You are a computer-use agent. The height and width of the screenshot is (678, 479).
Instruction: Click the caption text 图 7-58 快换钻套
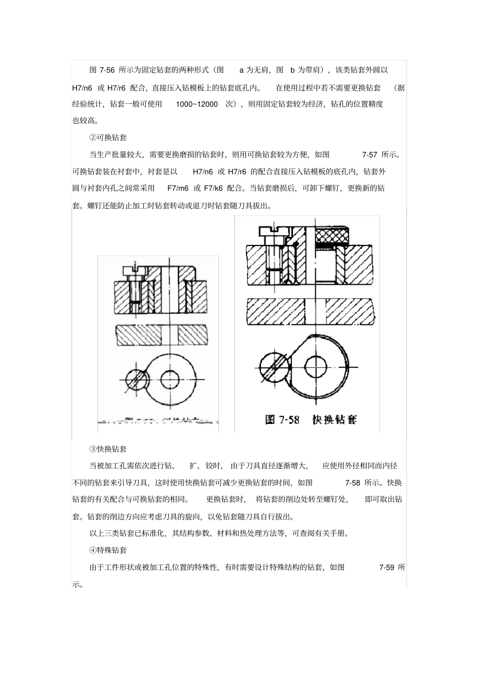(311, 419)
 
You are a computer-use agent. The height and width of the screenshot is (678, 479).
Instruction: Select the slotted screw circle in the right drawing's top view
(272, 364)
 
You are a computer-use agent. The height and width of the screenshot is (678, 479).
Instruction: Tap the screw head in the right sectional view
(272, 231)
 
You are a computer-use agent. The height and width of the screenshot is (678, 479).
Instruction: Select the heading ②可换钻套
(108, 138)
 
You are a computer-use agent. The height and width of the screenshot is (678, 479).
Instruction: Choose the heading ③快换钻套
(108, 449)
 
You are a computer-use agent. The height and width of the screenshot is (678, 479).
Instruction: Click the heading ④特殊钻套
(108, 550)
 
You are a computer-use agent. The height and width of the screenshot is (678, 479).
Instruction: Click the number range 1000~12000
(197, 104)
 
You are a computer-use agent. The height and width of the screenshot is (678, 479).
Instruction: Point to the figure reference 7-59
(386, 568)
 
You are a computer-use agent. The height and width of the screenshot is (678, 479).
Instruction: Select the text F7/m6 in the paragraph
(178, 189)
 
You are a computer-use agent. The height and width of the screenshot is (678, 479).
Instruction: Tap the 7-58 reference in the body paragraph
(352, 483)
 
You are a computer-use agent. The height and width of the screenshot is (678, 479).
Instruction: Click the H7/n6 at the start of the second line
(82, 88)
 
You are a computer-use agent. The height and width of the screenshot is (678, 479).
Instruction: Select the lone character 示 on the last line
(77, 585)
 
